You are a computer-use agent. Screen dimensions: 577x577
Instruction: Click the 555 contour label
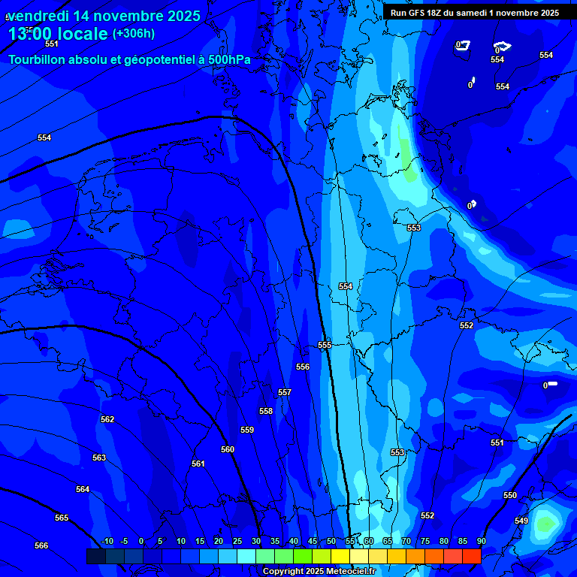325,345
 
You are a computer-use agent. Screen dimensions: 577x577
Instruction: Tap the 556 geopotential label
303,367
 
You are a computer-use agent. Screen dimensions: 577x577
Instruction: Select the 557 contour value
285,393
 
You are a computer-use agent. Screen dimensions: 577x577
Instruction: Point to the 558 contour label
266,412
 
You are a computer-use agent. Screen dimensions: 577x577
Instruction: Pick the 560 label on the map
228,449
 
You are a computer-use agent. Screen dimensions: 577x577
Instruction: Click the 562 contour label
107,420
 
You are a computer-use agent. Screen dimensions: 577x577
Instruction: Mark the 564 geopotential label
83,490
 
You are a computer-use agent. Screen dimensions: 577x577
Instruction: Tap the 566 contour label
41,545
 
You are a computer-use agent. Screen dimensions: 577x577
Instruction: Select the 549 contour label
521,521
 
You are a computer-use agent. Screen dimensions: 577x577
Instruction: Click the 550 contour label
510,495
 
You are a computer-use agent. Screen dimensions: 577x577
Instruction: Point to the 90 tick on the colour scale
481,542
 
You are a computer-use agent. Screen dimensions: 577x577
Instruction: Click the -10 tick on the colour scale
107,542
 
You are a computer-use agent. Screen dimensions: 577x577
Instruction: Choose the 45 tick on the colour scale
313,542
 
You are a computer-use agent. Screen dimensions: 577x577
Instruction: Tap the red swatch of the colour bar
471,556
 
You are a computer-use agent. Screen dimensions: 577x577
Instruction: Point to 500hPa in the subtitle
224,59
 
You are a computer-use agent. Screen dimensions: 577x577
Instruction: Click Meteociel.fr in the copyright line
349,572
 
